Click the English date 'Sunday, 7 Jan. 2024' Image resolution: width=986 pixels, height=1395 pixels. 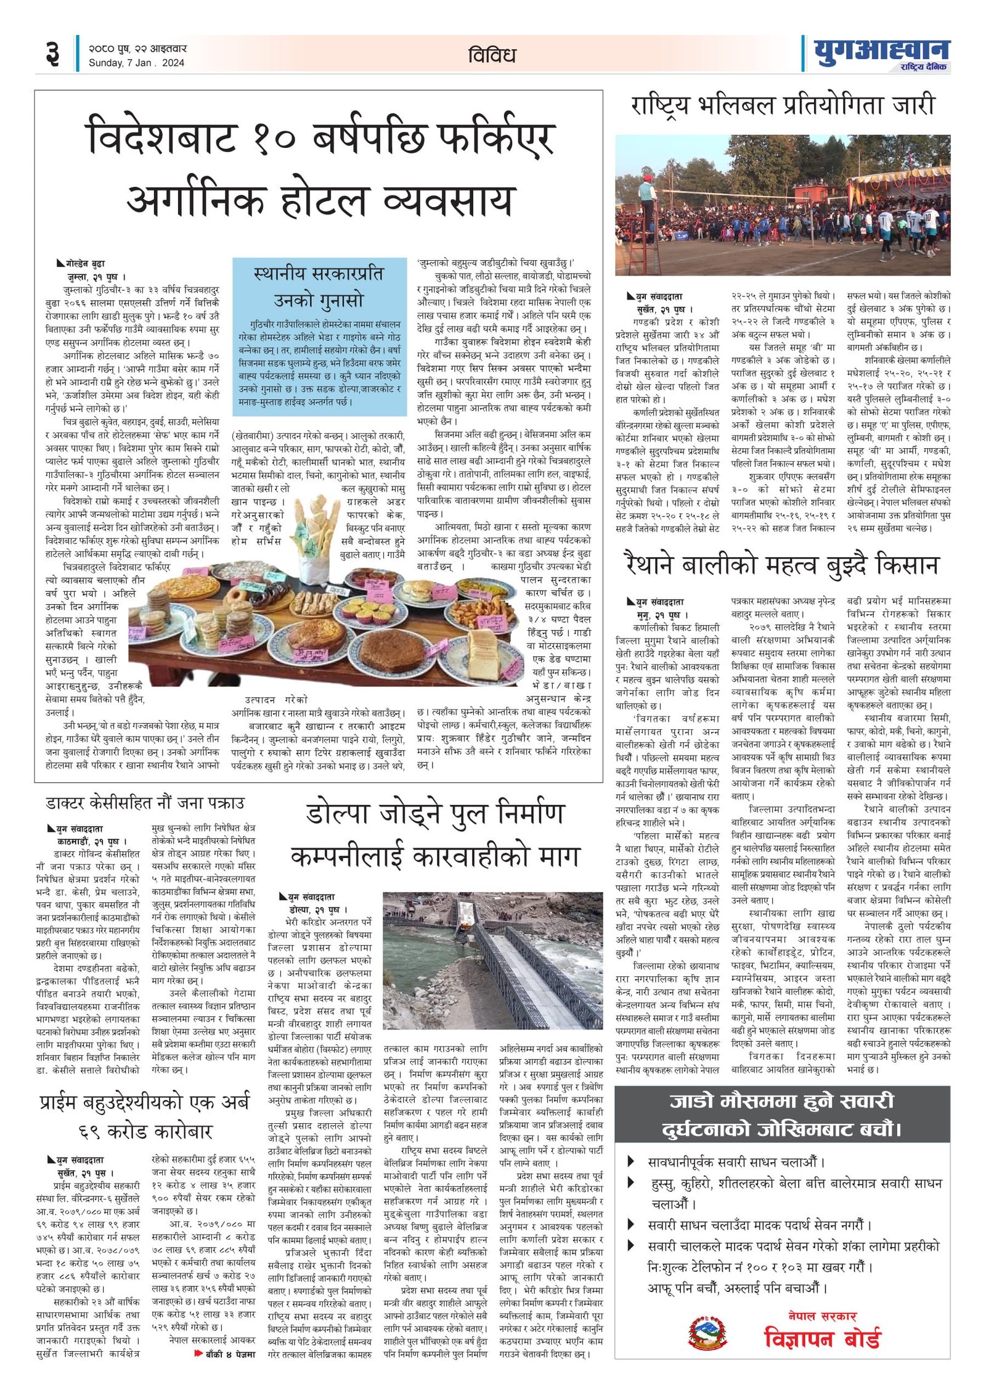[136, 62]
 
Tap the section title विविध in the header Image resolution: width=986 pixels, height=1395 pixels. [492, 55]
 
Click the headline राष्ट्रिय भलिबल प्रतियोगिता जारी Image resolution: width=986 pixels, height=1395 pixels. [783, 106]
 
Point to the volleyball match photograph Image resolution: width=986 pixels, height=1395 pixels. [783, 205]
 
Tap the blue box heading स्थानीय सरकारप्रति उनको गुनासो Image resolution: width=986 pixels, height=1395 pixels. [319, 287]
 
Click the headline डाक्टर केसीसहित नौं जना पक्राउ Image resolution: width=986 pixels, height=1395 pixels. [145, 803]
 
